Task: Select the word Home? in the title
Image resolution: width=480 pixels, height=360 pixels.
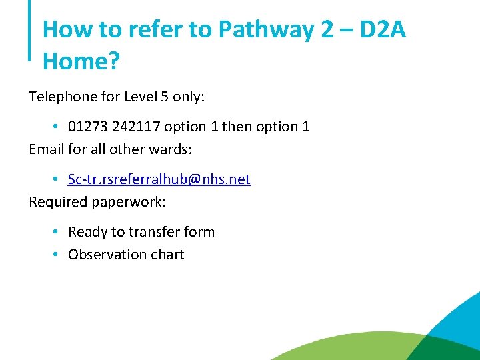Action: pyautogui.click(x=81, y=61)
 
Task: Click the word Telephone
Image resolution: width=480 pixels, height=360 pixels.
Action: pyautogui.click(x=63, y=97)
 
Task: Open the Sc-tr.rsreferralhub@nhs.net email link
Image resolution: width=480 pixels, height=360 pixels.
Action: pyautogui.click(x=159, y=179)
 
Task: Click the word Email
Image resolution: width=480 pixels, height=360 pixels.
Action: pyautogui.click(x=47, y=149)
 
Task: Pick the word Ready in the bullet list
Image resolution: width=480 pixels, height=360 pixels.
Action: pyautogui.click(x=87, y=233)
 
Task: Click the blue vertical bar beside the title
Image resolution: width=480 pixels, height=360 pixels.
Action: pyautogui.click(x=30, y=30)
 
